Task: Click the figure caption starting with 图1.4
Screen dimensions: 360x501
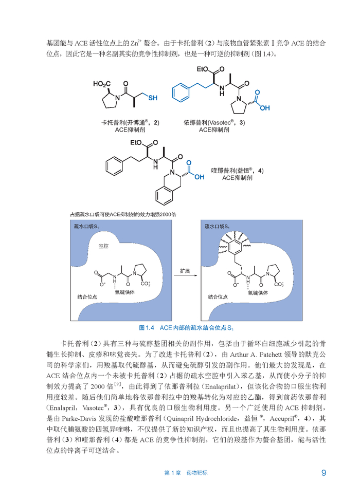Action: [190, 327]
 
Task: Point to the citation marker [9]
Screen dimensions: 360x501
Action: [118, 384]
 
